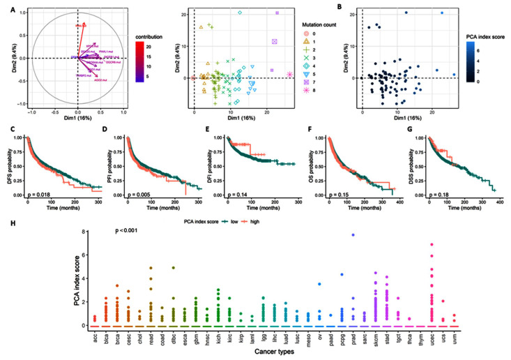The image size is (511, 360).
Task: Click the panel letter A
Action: tap(6, 6)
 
